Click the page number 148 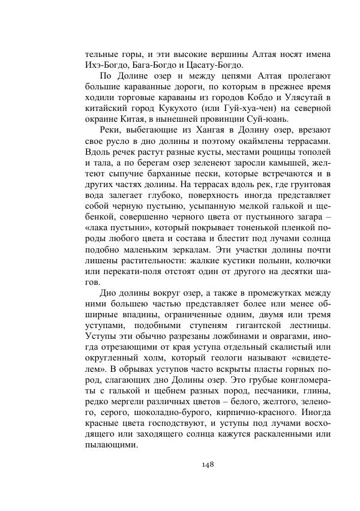(x=208, y=464)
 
